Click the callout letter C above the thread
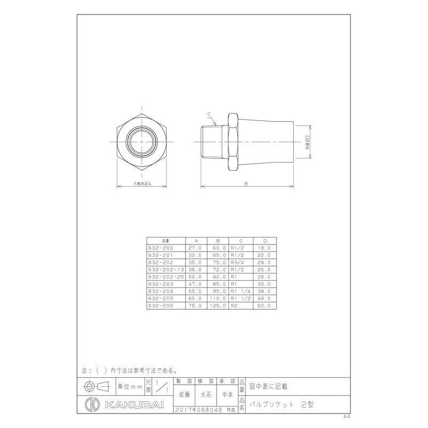coord(209,114)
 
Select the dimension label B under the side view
coord(245,183)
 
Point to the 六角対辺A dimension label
coord(143,183)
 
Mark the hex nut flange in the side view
coord(233,142)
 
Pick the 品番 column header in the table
coord(165,241)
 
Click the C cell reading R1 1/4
coord(240,292)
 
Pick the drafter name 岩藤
coord(183,395)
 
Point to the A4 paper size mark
coord(348,416)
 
